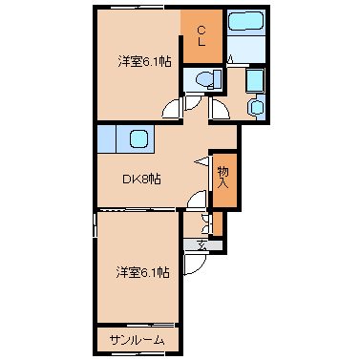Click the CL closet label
coord(201,36)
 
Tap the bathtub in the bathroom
coord(245,21)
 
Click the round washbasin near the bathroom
coord(257,107)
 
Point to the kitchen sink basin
coord(138,138)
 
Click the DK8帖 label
coord(141,180)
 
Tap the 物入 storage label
coord(223,178)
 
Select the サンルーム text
coord(138,341)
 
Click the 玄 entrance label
coord(202,245)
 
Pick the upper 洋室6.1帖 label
coord(145,61)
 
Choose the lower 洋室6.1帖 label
coord(142,272)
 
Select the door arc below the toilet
coord(194,103)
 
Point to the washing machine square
coord(254,81)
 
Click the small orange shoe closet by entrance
coord(218,223)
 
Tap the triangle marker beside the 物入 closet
coord(201,161)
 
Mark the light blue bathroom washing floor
coord(245,50)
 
